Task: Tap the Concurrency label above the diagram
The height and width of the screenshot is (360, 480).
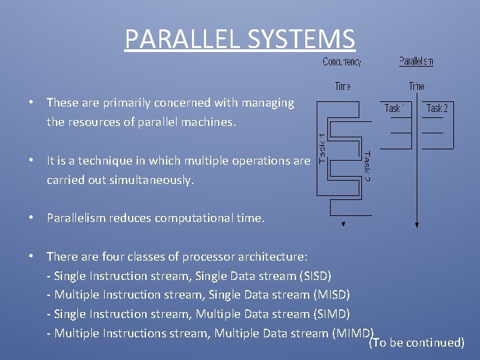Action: pos(342,62)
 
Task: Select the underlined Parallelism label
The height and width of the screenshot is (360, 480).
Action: pos(416,61)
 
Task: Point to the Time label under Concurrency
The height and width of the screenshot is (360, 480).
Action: pos(343,86)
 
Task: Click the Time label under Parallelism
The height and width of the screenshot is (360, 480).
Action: pos(417,86)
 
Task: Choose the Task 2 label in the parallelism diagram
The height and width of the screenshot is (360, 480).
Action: pos(437,108)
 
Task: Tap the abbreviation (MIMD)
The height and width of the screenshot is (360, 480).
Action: pos(353,333)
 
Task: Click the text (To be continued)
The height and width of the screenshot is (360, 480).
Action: pos(417,343)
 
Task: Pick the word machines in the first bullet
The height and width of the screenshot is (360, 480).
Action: pos(211,123)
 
